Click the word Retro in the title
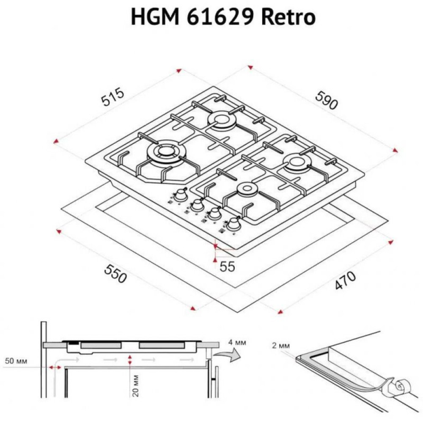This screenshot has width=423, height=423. click(288, 17)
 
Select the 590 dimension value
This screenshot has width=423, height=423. click(327, 100)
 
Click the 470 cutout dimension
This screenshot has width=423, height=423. click(345, 280)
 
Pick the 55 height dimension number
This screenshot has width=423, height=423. click(227, 266)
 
